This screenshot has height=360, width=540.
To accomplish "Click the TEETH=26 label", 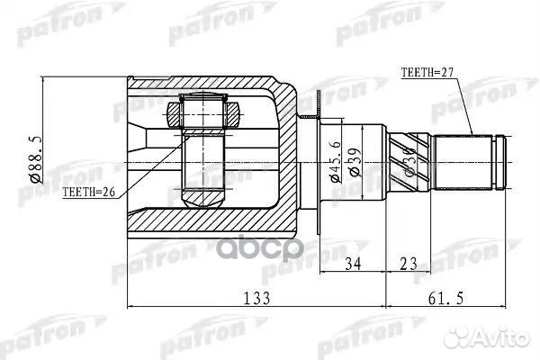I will tap(89, 192).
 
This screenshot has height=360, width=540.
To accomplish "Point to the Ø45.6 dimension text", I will tap(335, 163).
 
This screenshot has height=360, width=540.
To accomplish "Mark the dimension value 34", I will tap(354, 264).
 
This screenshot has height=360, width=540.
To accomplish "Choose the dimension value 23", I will tap(409, 264).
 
